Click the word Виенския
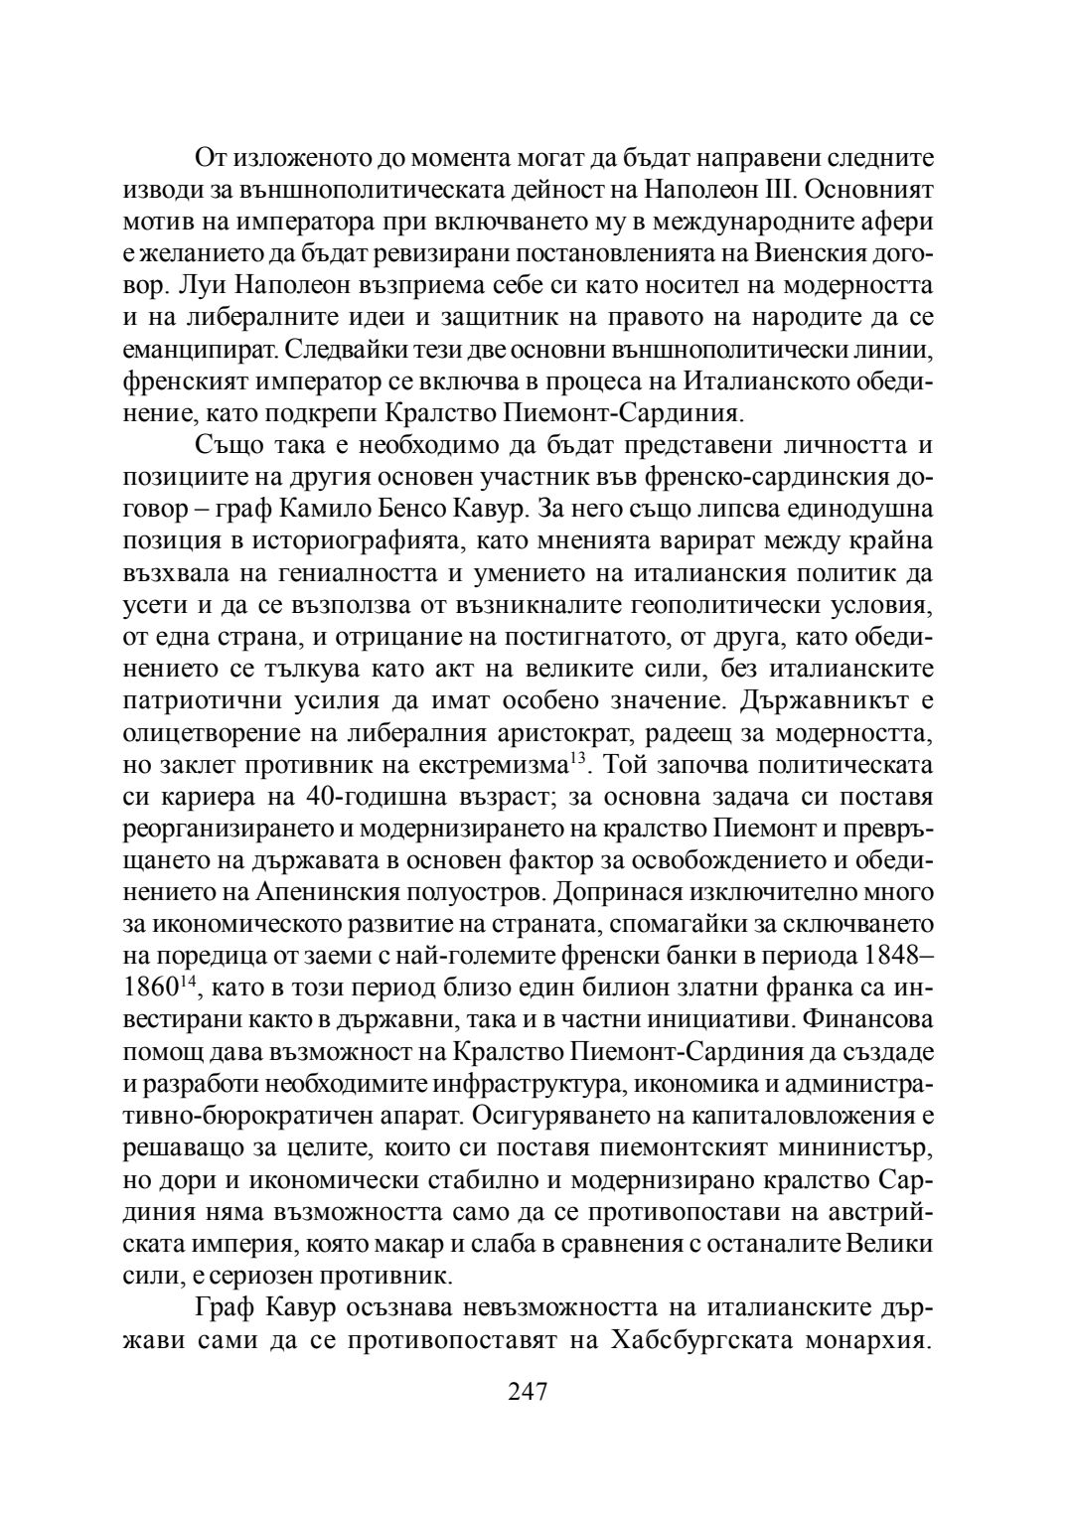(810, 252)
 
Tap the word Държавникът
(814, 702)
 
